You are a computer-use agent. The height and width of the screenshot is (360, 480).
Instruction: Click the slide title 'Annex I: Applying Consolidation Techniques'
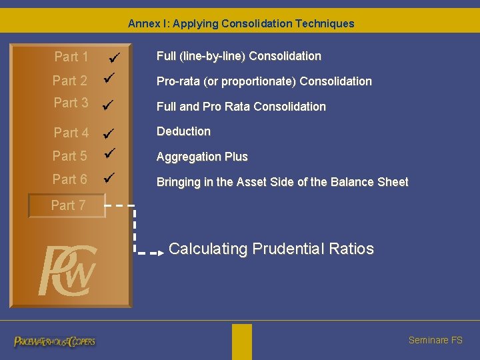point(241,24)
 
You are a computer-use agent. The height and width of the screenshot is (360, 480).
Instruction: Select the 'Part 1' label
point(71,57)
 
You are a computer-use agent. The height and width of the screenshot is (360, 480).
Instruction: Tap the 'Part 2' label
point(70,81)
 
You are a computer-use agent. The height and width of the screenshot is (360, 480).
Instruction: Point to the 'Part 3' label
point(71,103)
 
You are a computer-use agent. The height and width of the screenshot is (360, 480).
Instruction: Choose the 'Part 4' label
point(71,133)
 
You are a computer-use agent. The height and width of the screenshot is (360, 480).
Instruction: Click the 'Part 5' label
point(70,156)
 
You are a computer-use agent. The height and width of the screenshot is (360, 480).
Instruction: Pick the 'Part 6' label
point(70,180)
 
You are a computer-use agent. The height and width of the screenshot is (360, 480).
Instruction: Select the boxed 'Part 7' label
point(67,205)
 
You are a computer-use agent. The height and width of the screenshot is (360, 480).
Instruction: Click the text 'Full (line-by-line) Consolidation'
point(239,57)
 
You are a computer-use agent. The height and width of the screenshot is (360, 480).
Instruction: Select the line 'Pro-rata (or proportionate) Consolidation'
point(264,81)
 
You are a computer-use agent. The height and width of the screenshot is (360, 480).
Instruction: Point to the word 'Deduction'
point(183,131)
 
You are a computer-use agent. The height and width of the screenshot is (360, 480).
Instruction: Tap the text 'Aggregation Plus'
point(202,157)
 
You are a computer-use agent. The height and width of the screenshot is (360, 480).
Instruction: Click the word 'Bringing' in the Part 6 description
point(177,182)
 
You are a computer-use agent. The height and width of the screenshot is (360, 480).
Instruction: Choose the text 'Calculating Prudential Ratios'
point(271,249)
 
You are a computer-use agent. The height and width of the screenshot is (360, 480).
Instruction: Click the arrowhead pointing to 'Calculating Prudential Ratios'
point(161,253)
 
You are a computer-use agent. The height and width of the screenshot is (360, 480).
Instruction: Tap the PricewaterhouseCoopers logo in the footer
point(55,341)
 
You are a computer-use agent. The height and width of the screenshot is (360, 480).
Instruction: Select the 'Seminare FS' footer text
point(435,340)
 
